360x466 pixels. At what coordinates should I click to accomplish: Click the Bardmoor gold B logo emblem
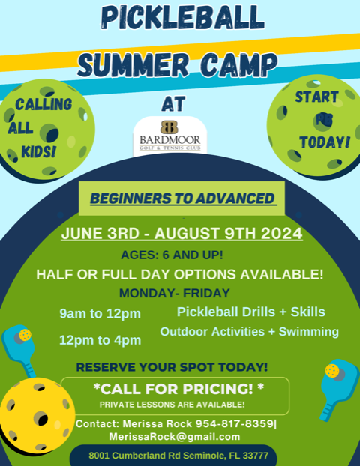169,127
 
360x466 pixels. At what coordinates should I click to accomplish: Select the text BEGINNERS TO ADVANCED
182,199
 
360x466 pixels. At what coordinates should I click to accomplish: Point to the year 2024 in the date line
282,234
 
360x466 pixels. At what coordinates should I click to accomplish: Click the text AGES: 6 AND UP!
172,255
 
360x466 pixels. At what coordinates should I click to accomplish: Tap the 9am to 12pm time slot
100,314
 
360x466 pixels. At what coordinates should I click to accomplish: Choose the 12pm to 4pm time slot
100,340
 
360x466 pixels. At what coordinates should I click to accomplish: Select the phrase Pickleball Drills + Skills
250,312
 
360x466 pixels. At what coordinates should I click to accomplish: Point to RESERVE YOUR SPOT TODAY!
172,367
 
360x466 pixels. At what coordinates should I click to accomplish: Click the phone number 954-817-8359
234,423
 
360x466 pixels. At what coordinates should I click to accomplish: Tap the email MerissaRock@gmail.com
175,437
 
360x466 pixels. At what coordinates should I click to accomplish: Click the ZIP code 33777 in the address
255,456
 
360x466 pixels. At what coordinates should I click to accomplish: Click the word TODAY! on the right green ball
325,142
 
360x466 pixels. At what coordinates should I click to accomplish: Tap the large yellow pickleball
37,416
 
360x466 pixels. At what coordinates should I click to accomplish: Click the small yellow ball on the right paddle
332,371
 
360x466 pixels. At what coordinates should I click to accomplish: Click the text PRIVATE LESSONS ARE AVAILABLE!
172,405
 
